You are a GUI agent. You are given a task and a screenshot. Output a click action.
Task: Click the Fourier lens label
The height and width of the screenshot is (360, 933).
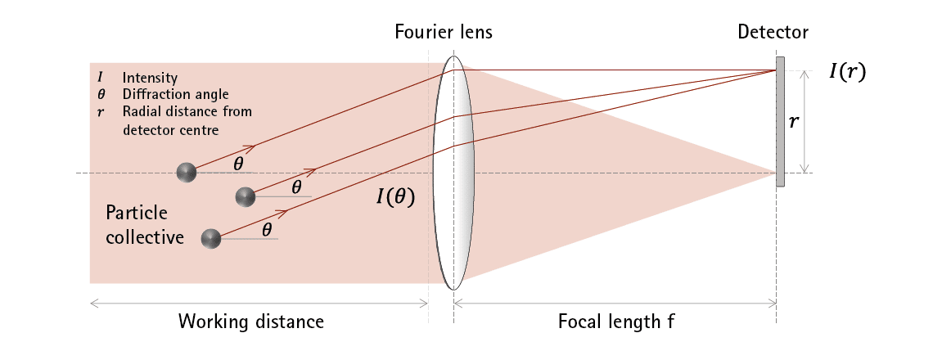(x=443, y=33)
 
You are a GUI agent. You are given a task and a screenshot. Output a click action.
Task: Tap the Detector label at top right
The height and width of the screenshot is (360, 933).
(x=773, y=33)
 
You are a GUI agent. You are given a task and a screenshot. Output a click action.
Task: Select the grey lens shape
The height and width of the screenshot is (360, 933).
(x=453, y=173)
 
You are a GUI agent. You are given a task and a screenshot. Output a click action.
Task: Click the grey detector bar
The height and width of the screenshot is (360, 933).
(x=781, y=121)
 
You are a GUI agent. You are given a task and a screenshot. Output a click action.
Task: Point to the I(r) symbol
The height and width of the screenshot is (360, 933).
(x=846, y=71)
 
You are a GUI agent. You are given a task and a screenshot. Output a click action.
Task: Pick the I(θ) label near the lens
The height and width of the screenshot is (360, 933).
(x=394, y=197)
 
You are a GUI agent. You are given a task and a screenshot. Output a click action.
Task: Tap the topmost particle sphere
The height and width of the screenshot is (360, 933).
(x=187, y=172)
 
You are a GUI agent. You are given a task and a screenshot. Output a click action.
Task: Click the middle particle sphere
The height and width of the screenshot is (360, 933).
(x=245, y=196)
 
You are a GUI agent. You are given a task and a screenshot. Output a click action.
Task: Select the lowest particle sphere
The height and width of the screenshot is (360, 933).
(x=211, y=238)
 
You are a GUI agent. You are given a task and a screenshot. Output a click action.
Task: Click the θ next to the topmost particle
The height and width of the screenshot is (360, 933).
(x=238, y=164)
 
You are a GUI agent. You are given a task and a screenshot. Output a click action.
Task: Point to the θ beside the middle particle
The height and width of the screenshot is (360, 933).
(x=296, y=187)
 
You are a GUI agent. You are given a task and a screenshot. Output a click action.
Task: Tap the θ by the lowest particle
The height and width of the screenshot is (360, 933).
(x=267, y=230)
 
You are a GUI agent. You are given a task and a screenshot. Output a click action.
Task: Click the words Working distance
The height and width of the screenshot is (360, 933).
(x=251, y=322)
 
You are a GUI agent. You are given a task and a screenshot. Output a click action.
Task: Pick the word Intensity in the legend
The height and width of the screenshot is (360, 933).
(x=150, y=79)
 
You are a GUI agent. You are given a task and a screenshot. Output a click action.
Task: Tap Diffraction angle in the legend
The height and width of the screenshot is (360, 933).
(x=175, y=94)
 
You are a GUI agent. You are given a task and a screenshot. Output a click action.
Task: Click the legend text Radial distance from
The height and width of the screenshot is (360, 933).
(x=187, y=110)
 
